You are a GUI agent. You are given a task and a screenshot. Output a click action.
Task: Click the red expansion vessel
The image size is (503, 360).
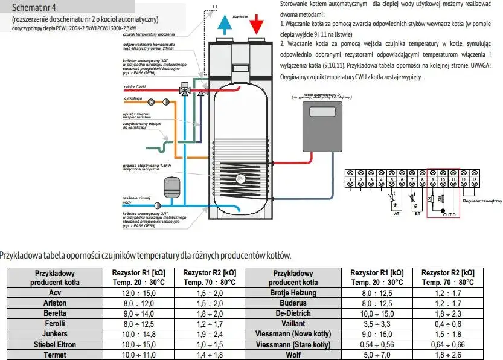(x=171, y=188)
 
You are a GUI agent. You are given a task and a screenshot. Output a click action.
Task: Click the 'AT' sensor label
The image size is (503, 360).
(x=396, y=213)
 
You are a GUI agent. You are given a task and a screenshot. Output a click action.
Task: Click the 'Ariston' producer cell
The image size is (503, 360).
(x=51, y=303)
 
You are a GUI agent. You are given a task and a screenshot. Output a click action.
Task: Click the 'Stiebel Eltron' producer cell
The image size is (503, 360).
(x=51, y=345)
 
